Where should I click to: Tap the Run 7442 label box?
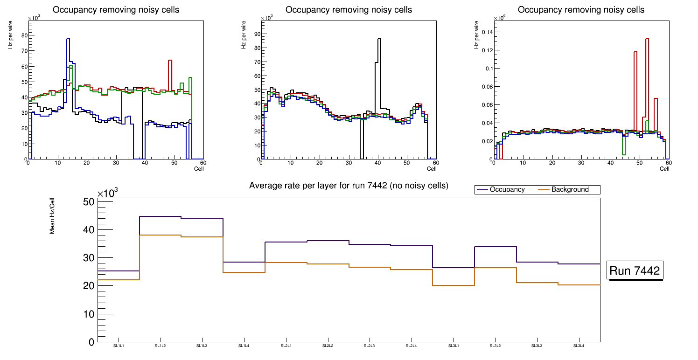[635, 271]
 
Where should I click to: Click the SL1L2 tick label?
[161, 346]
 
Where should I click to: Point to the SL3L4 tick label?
[579, 346]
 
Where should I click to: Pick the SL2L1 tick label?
[286, 346]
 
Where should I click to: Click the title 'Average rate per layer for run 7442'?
[349, 186]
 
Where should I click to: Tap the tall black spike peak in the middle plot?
[379, 39]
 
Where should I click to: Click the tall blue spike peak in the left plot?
[68, 39]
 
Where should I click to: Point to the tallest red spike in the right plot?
[647, 39]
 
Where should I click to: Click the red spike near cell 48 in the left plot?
[170, 61]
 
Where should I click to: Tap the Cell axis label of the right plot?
[664, 169]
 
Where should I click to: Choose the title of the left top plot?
[116, 10]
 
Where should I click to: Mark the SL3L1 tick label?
[453, 346]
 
